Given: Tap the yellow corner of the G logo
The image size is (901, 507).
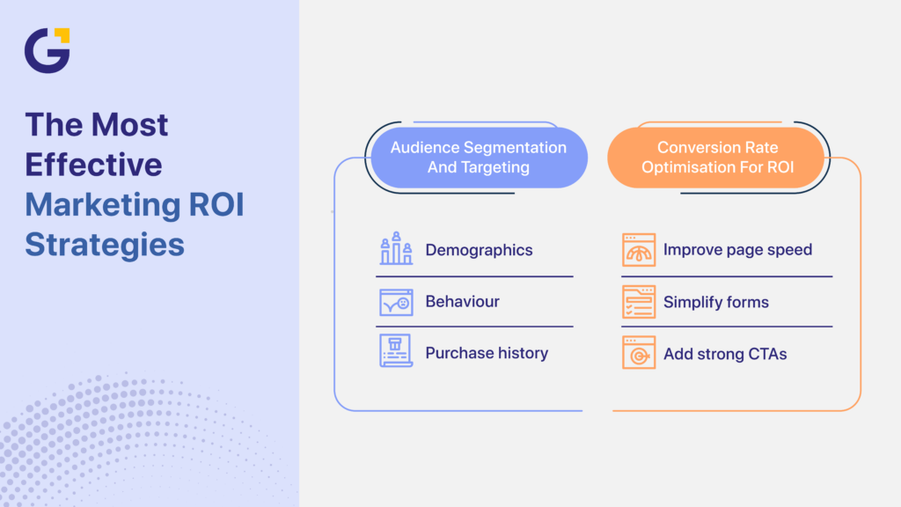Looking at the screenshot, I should (62, 35).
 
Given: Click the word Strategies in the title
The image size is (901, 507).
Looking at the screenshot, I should (105, 243).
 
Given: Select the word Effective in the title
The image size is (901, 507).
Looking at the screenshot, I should (93, 165).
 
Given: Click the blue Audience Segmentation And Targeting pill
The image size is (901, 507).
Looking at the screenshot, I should (478, 158).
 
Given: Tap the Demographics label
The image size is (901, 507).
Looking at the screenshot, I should (479, 250).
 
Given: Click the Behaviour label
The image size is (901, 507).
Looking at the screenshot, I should (462, 301).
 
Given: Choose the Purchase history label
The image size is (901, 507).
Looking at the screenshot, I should (487, 353).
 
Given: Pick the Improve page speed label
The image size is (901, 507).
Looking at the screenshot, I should (737, 250).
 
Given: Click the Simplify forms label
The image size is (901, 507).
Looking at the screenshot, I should (715, 302).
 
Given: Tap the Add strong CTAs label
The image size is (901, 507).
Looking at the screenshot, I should (725, 354).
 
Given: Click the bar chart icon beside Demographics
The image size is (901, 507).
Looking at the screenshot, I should (396, 249).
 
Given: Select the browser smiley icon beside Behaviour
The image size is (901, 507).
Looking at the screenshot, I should (396, 302).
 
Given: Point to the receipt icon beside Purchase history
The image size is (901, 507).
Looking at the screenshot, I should (396, 351).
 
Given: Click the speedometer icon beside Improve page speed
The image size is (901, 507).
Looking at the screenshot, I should (639, 250).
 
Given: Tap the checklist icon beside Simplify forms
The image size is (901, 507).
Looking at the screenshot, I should (639, 302).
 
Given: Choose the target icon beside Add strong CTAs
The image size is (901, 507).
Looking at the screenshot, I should (639, 353).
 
